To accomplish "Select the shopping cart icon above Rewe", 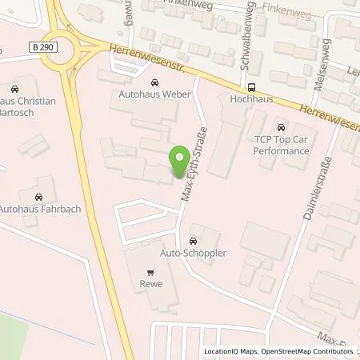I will pyautogui.click(x=151, y=271).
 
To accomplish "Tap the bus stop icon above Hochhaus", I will pyautogui.click(x=252, y=88).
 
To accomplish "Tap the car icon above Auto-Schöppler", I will pyautogui.click(x=193, y=240).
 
